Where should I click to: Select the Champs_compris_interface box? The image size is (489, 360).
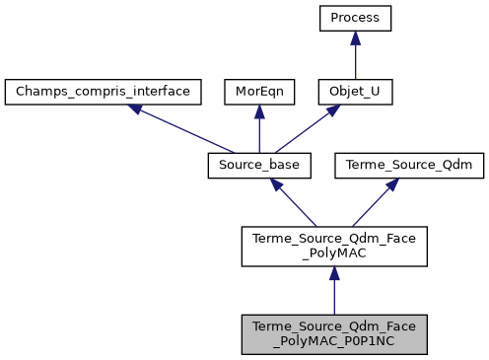(x=104, y=92)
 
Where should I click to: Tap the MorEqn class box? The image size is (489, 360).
(x=258, y=92)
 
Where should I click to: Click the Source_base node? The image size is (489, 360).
(x=258, y=166)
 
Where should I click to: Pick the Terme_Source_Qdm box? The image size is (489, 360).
(x=409, y=166)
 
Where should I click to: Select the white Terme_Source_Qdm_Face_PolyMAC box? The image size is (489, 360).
(x=333, y=247)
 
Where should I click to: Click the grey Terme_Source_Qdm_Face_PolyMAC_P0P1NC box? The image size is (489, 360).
(x=333, y=334)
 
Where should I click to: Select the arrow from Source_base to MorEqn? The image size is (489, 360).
(x=258, y=128)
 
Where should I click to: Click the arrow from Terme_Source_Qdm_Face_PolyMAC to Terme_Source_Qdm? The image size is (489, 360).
(x=374, y=201)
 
